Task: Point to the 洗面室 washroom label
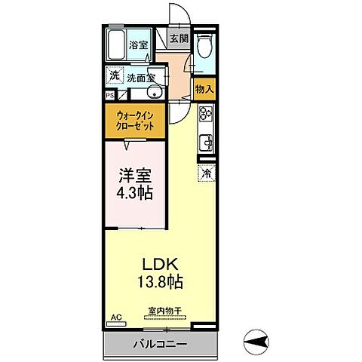pos(140,77)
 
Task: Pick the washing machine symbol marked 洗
pos(114,75)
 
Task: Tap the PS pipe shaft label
pos(109,96)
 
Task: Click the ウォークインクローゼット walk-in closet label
pos(136,121)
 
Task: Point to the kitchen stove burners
pos(204,116)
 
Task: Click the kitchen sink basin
pos(204,141)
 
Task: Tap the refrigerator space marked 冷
pos(205,173)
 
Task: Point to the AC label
pos(115,318)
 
